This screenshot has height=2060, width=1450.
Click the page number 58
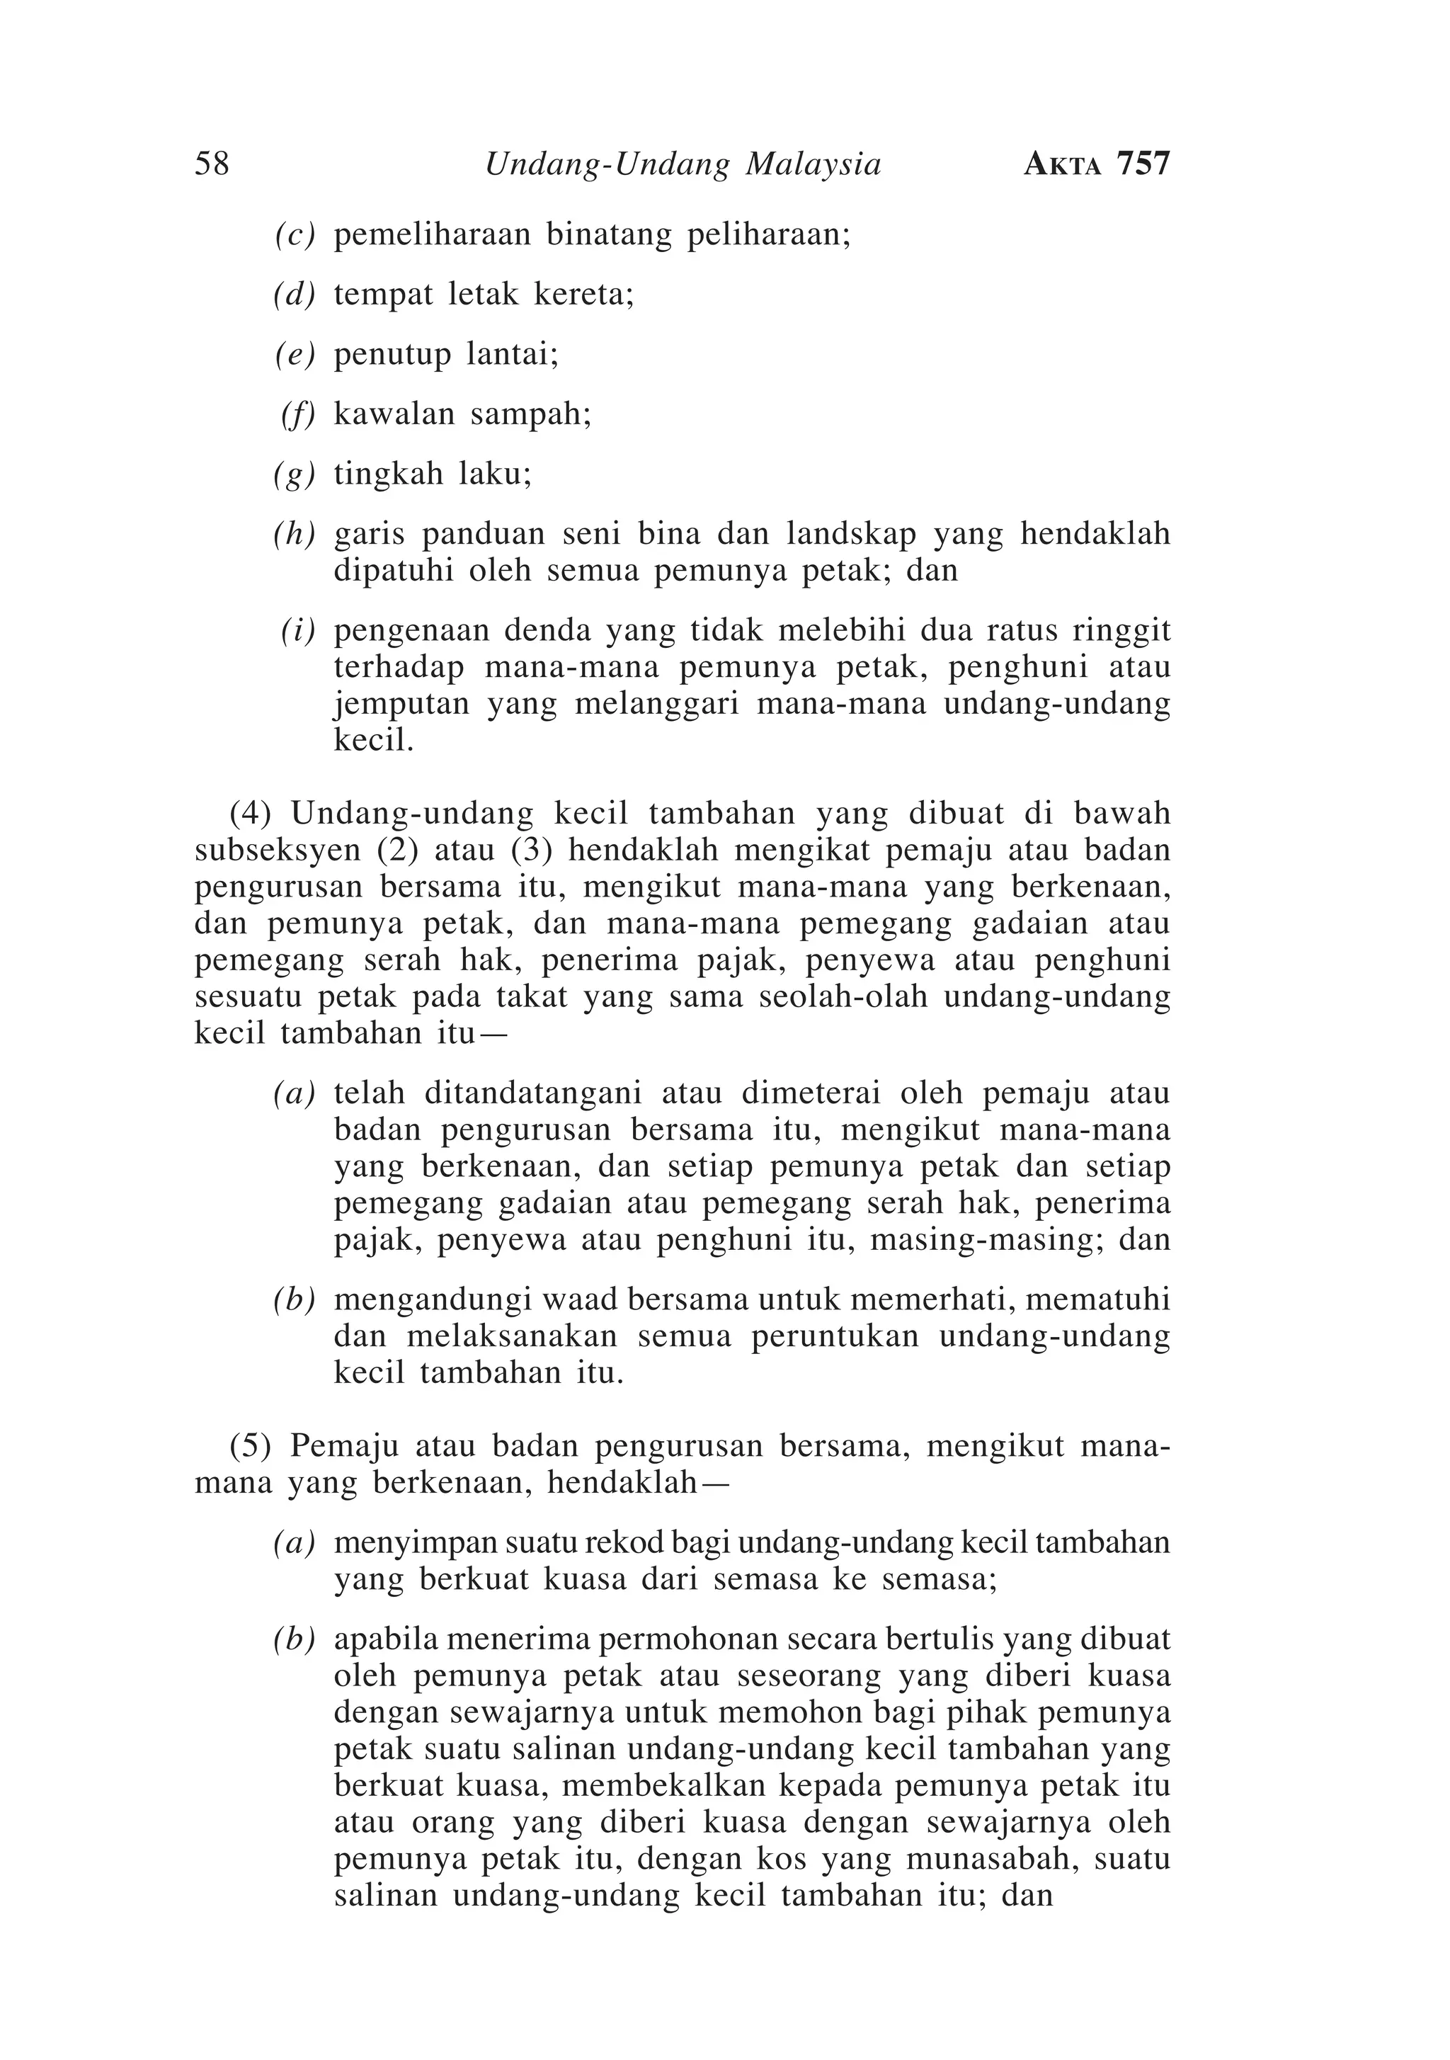tap(212, 164)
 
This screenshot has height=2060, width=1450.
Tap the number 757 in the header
tap(1143, 164)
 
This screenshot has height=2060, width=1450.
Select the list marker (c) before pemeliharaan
tap(295, 235)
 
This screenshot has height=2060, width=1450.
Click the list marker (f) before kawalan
tap(298, 414)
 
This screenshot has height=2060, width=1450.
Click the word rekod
tap(624, 1543)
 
